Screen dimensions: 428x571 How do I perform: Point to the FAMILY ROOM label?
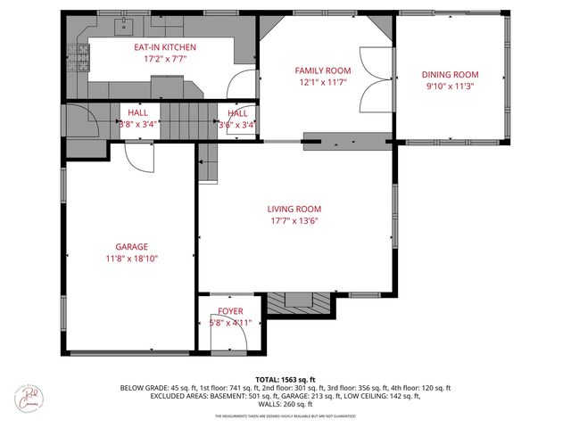pos(323,70)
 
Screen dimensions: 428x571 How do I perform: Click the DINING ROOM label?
pos(451,75)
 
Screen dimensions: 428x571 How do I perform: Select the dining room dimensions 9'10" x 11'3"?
pos(451,86)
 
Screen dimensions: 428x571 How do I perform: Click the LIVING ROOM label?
pos(294,209)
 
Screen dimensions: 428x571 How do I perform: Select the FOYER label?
pos(230,311)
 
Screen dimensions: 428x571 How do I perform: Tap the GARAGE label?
pos(131,246)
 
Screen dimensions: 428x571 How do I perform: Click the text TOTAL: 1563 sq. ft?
pos(285,378)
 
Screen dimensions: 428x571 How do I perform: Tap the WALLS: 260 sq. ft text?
pos(285,404)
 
